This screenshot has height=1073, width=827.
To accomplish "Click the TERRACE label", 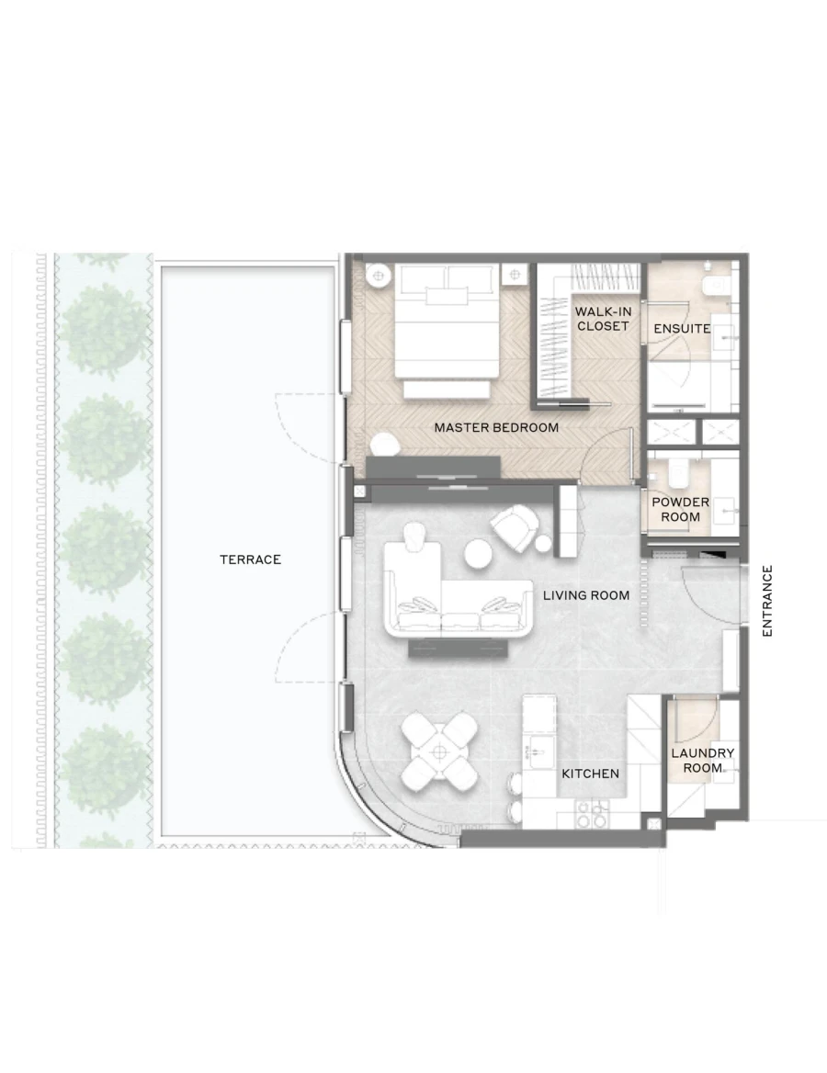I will (250, 559).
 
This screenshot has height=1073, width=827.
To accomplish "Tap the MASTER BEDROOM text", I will (496, 427).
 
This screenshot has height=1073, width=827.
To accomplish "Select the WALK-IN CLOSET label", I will (603, 319).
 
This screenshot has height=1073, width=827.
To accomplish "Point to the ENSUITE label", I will (682, 328).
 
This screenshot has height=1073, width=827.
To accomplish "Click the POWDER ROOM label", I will (680, 509).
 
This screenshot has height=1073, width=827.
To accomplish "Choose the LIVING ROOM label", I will (586, 595).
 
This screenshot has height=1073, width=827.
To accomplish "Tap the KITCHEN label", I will (590, 774).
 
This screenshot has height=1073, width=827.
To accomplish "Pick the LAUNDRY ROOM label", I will (702, 760).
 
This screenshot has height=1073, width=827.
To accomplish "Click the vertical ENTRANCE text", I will (768, 601).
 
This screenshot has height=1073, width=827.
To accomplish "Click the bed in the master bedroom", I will (447, 326).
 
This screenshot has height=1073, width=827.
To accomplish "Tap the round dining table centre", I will (441, 751).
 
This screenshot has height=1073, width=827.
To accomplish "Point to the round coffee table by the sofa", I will (479, 555).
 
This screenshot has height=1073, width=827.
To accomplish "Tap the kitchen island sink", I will (537, 748).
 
